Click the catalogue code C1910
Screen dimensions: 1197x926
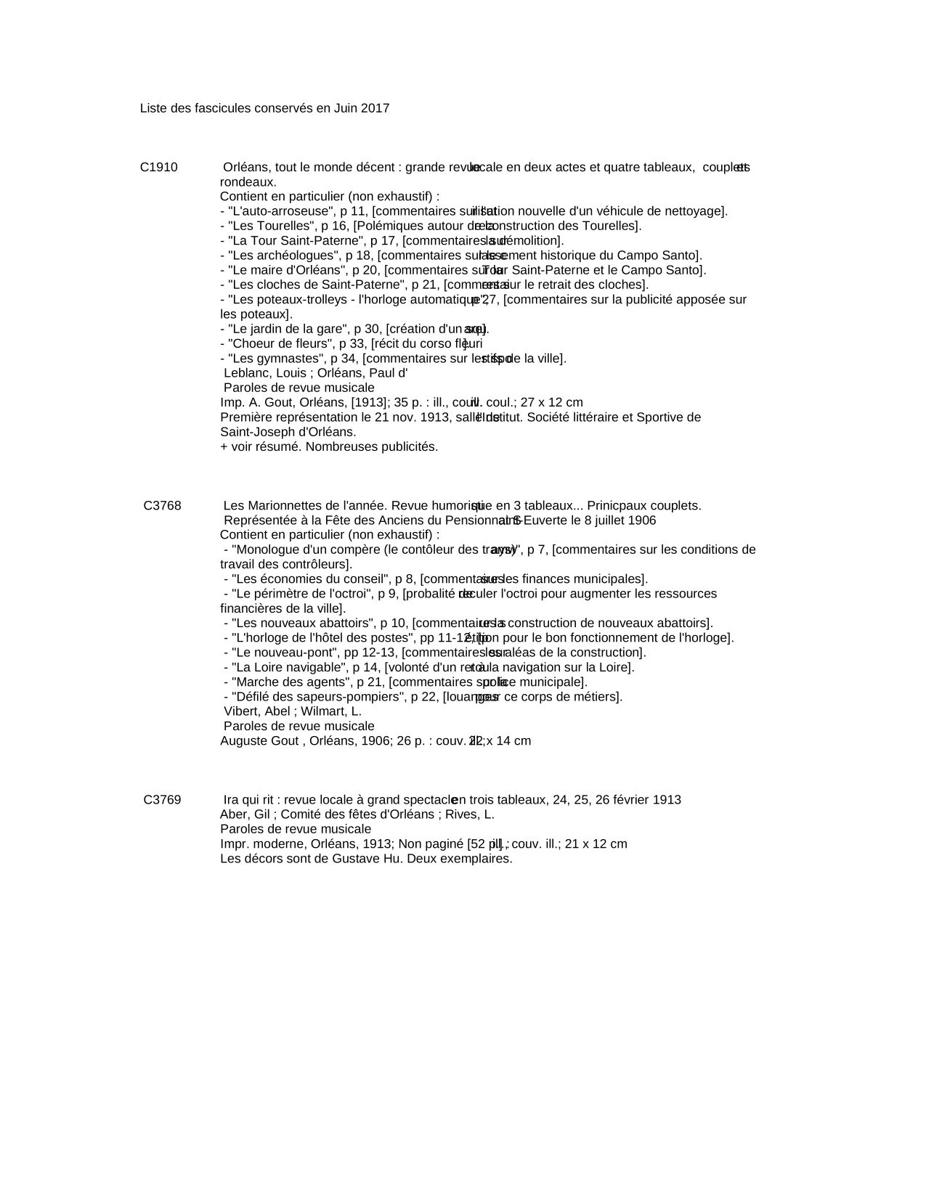[158, 168]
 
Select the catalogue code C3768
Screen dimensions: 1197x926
[162, 506]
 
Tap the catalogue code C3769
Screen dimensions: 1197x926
[162, 800]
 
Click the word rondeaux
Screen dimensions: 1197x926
[248, 182]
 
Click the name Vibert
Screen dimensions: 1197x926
[240, 711]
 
